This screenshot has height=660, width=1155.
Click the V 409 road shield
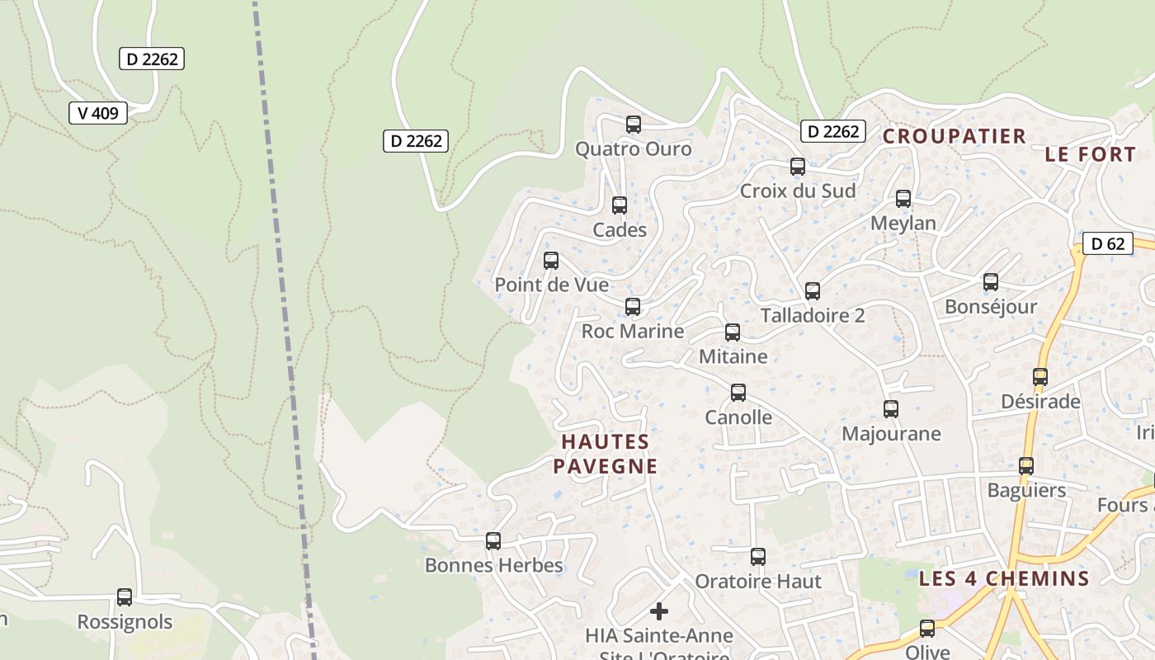[98, 113]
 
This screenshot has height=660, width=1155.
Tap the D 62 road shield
[1107, 243]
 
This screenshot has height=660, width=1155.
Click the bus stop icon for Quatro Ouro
[634, 125]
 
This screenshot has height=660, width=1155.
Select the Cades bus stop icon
[620, 205]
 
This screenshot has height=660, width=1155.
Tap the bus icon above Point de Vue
[551, 261]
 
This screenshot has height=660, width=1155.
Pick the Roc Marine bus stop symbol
[633, 307]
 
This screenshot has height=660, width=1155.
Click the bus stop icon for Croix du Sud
[798, 167]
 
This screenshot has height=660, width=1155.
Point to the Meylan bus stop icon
[903, 199]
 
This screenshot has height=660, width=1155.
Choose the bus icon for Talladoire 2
[813, 291]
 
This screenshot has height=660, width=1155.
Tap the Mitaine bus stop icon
[733, 332]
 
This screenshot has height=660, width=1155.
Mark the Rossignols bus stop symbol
[125, 597]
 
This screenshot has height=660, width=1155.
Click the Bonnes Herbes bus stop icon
[493, 541]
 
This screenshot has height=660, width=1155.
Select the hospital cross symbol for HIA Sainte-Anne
[659, 611]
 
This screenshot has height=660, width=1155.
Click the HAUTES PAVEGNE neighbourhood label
[606, 454]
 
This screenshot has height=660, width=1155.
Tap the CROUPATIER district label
[955, 136]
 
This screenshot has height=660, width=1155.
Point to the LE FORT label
[1090, 154]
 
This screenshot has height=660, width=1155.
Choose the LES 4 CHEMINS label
[1004, 578]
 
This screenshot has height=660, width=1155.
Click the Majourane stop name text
[891, 434]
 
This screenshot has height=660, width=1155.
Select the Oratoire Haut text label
[758, 582]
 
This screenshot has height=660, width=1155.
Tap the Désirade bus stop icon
[1040, 377]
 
